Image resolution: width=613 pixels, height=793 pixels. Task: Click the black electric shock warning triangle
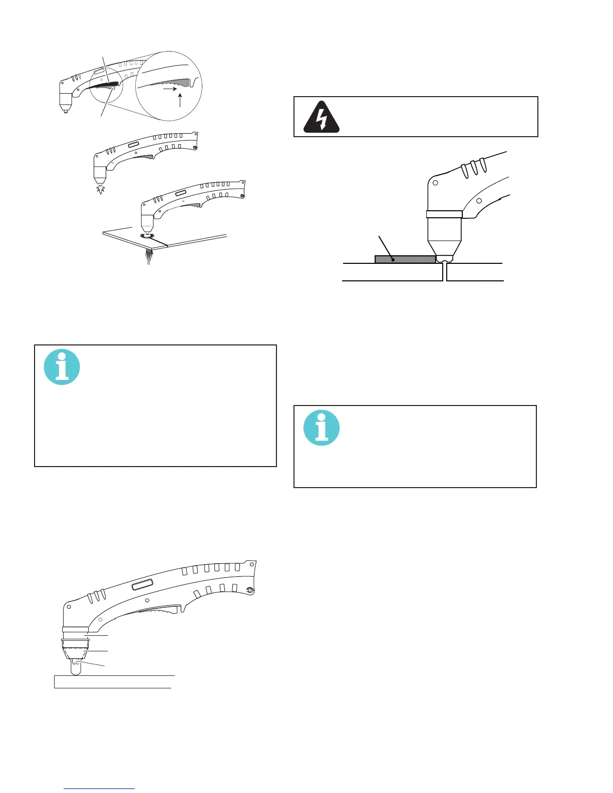tap(322, 117)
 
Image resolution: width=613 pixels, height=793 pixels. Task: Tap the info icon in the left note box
tap(62, 367)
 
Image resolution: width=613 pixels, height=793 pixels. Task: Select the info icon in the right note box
tap(322, 428)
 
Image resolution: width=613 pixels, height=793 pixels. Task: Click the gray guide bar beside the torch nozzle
tap(405, 259)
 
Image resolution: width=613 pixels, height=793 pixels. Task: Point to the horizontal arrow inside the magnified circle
tap(170, 89)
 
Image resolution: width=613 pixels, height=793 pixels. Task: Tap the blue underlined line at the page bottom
tap(99, 788)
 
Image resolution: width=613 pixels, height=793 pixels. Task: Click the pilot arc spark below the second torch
tap(101, 189)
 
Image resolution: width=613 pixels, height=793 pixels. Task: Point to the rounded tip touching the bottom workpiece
tap(76, 668)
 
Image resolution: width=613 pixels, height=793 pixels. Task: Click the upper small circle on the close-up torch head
tap(435, 183)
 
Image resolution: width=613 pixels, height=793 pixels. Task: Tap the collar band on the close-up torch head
tap(444, 214)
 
